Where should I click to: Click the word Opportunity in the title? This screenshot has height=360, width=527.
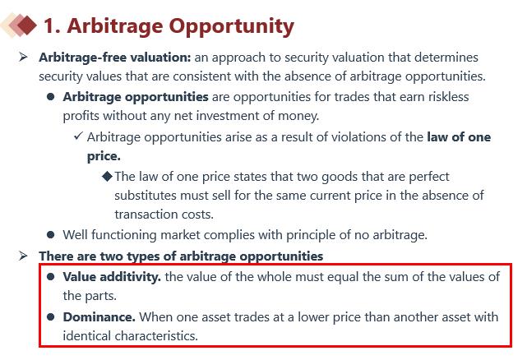click(x=231, y=27)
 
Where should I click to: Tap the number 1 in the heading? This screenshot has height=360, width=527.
click(x=49, y=25)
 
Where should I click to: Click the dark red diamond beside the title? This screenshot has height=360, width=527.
click(x=27, y=25)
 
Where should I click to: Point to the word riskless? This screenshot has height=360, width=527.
click(x=448, y=97)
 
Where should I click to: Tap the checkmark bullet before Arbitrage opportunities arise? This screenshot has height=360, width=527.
click(x=78, y=136)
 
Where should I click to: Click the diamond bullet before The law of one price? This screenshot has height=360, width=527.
click(x=107, y=176)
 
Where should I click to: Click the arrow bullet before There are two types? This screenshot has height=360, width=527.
click(x=23, y=256)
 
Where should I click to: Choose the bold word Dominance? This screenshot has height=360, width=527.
click(x=99, y=317)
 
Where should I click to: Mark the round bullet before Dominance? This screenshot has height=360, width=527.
click(x=51, y=316)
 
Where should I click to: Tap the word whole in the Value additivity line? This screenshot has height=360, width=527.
click(x=252, y=277)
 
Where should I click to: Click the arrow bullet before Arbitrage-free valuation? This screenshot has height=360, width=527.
click(x=23, y=57)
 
